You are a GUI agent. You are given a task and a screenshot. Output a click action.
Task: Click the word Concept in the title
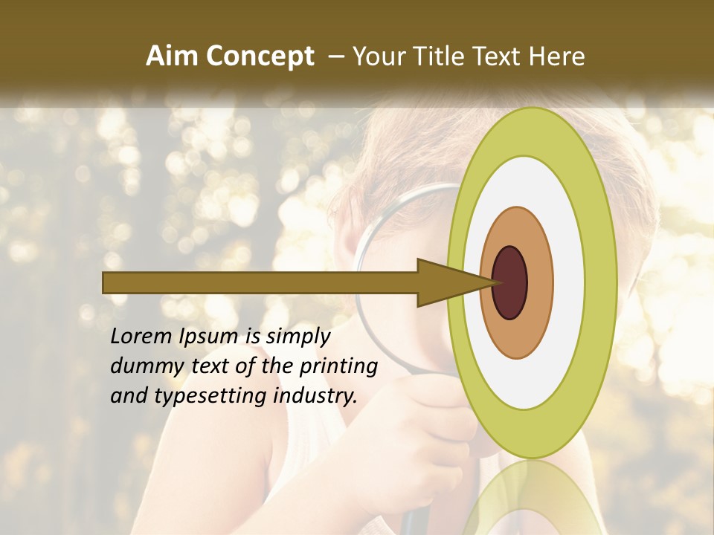260,56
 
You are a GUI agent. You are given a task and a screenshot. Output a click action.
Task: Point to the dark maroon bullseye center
510,282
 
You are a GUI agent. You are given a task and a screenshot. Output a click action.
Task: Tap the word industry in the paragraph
315,396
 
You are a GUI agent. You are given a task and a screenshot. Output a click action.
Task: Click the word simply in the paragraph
297,337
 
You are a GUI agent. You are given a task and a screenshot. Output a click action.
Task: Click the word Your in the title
377,56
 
